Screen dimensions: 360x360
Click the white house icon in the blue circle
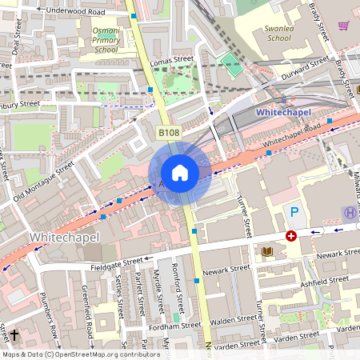180,173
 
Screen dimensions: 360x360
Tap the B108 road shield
167,133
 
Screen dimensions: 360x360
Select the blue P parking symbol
294,212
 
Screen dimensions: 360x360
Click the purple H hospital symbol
349,213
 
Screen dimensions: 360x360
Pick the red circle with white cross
291,236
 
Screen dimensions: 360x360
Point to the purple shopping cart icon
343,26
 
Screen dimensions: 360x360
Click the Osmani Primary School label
106,40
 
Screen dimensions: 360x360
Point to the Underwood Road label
75,12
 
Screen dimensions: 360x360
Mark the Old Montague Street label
43,182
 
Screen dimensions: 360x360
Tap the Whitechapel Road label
291,137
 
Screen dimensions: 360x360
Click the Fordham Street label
174,326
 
